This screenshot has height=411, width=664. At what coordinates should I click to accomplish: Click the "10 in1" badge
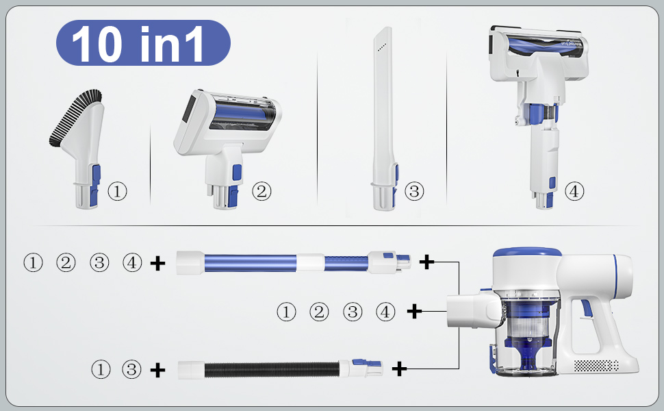coord(143,42)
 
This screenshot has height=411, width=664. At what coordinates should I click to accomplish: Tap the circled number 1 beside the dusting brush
coord(117,191)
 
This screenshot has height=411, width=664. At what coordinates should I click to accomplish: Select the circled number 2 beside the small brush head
coord(261,191)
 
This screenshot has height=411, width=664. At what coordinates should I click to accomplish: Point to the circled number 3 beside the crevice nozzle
coord(414,191)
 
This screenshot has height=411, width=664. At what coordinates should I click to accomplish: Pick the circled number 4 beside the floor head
coord(574,191)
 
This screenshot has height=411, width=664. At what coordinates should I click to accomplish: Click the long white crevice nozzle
coord(385,119)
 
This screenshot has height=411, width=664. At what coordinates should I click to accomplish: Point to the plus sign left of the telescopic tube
coord(158,264)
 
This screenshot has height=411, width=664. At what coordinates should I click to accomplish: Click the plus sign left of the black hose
coord(158,371)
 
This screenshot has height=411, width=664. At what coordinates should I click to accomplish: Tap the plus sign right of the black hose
coord(399,369)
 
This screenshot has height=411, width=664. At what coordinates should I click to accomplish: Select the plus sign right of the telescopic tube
coord(426,262)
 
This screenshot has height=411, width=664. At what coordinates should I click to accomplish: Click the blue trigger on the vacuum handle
coord(587,308)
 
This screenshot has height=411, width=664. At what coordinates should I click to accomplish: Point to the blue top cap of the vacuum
coord(527,253)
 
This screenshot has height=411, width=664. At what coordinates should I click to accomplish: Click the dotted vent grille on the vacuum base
coord(596,365)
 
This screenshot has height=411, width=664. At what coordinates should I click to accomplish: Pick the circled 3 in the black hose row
coord(131,369)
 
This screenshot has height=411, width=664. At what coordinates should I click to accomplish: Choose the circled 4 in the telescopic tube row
coord(132,262)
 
